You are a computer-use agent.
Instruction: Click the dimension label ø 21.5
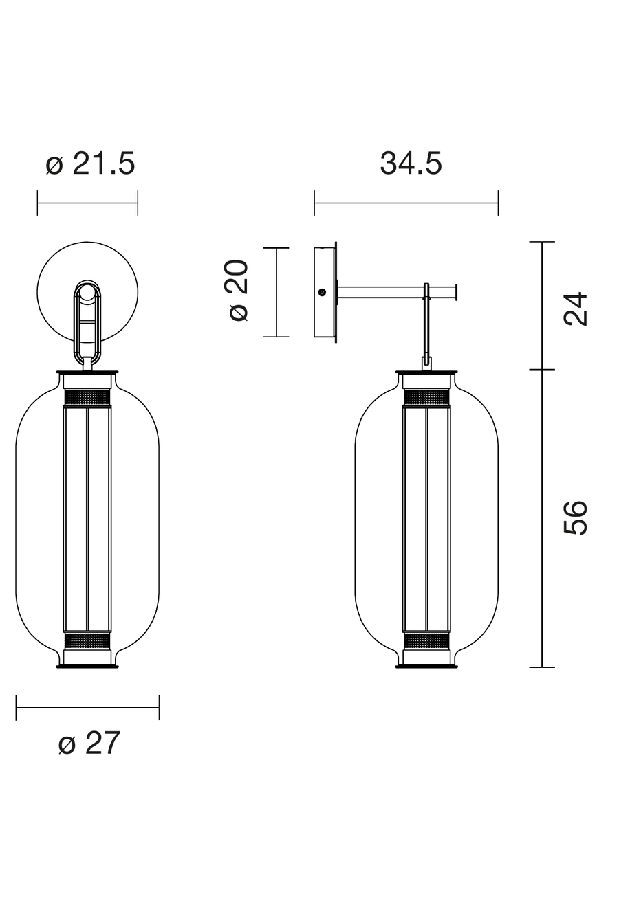91,164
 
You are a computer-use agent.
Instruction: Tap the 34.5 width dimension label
411,164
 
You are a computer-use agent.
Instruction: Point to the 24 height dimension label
575,309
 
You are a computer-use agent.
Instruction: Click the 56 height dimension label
575,518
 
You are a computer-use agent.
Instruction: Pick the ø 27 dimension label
89,743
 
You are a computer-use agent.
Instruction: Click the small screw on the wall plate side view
322,292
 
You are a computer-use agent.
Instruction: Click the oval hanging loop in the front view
87,323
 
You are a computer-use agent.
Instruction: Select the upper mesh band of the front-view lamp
87,397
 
